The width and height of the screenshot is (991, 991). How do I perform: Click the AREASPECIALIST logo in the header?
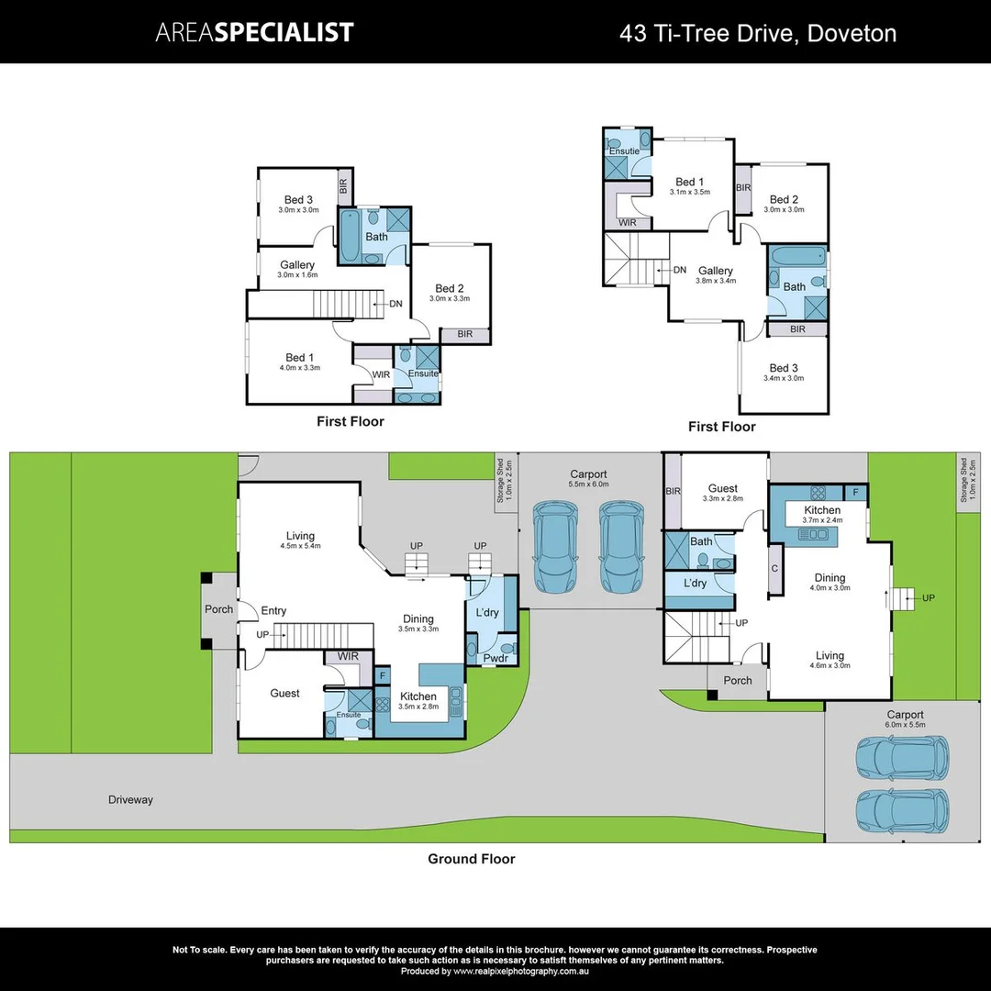(x=254, y=33)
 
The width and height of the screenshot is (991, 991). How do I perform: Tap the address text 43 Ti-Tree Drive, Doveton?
(x=758, y=34)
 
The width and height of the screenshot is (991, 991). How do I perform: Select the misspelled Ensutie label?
(x=624, y=150)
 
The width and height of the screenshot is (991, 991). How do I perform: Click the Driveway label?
(x=130, y=800)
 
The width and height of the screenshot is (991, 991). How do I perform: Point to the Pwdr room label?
(x=495, y=658)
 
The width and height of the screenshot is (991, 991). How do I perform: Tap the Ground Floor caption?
(x=471, y=859)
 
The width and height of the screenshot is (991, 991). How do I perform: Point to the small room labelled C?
(x=774, y=568)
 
